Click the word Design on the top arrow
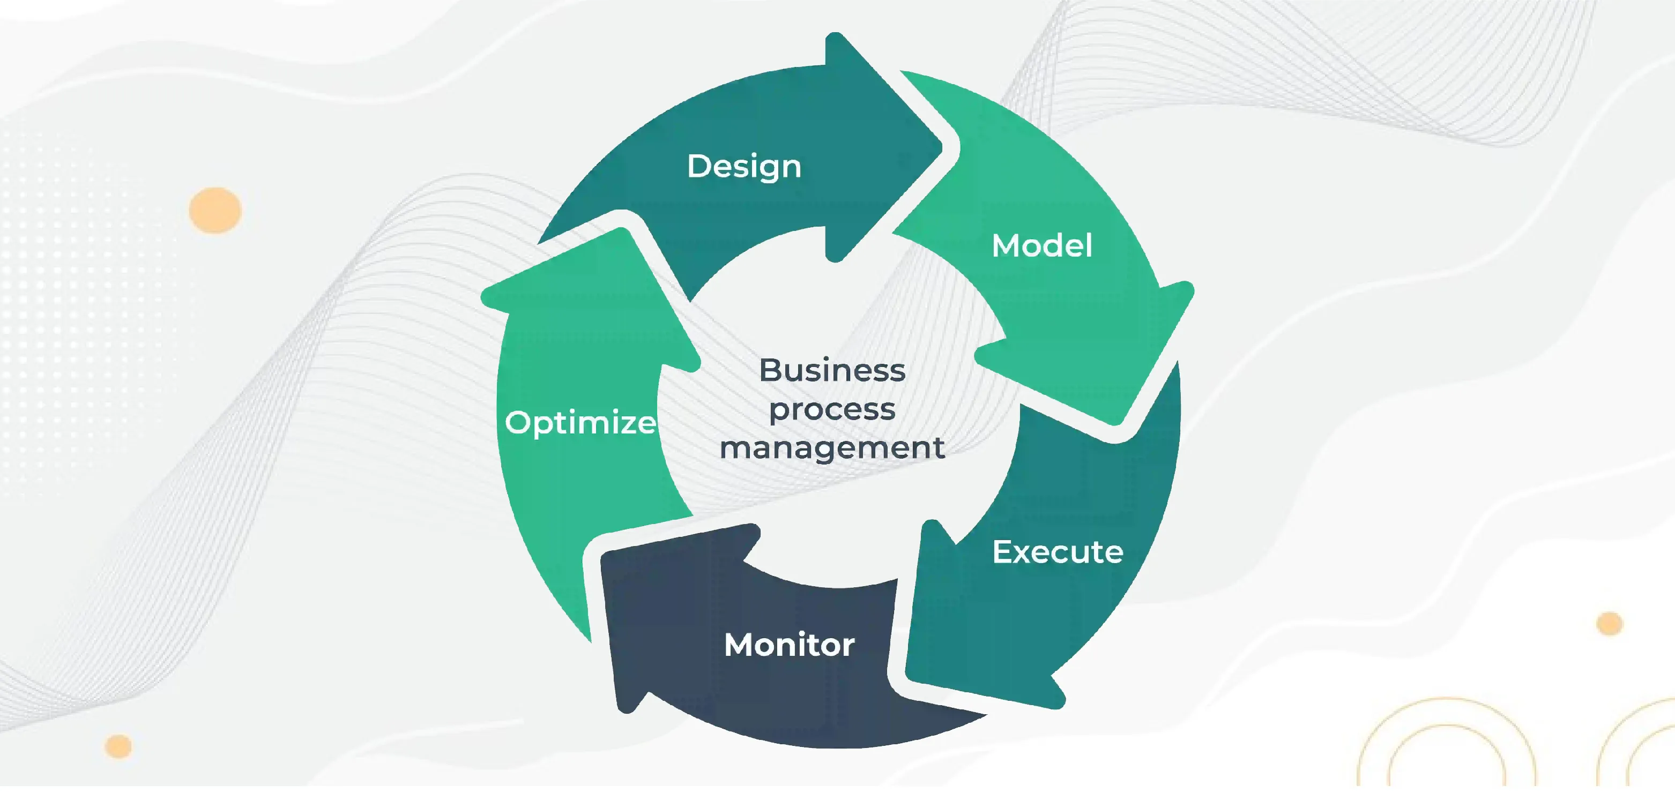pyautogui.click(x=744, y=167)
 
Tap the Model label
pyautogui.click(x=1041, y=246)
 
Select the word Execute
pyautogui.click(x=1058, y=552)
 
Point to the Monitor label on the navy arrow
pyautogui.click(x=789, y=645)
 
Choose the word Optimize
pyautogui.click(x=580, y=423)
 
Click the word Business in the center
pyautogui.click(x=832, y=370)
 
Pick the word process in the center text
pyautogui.click(x=832, y=409)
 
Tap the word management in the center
pyautogui.click(x=832, y=448)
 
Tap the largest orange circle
pyautogui.click(x=215, y=211)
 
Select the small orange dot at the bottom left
pyautogui.click(x=118, y=746)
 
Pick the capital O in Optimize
pyautogui.click(x=518, y=423)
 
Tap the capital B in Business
pyautogui.click(x=770, y=370)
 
